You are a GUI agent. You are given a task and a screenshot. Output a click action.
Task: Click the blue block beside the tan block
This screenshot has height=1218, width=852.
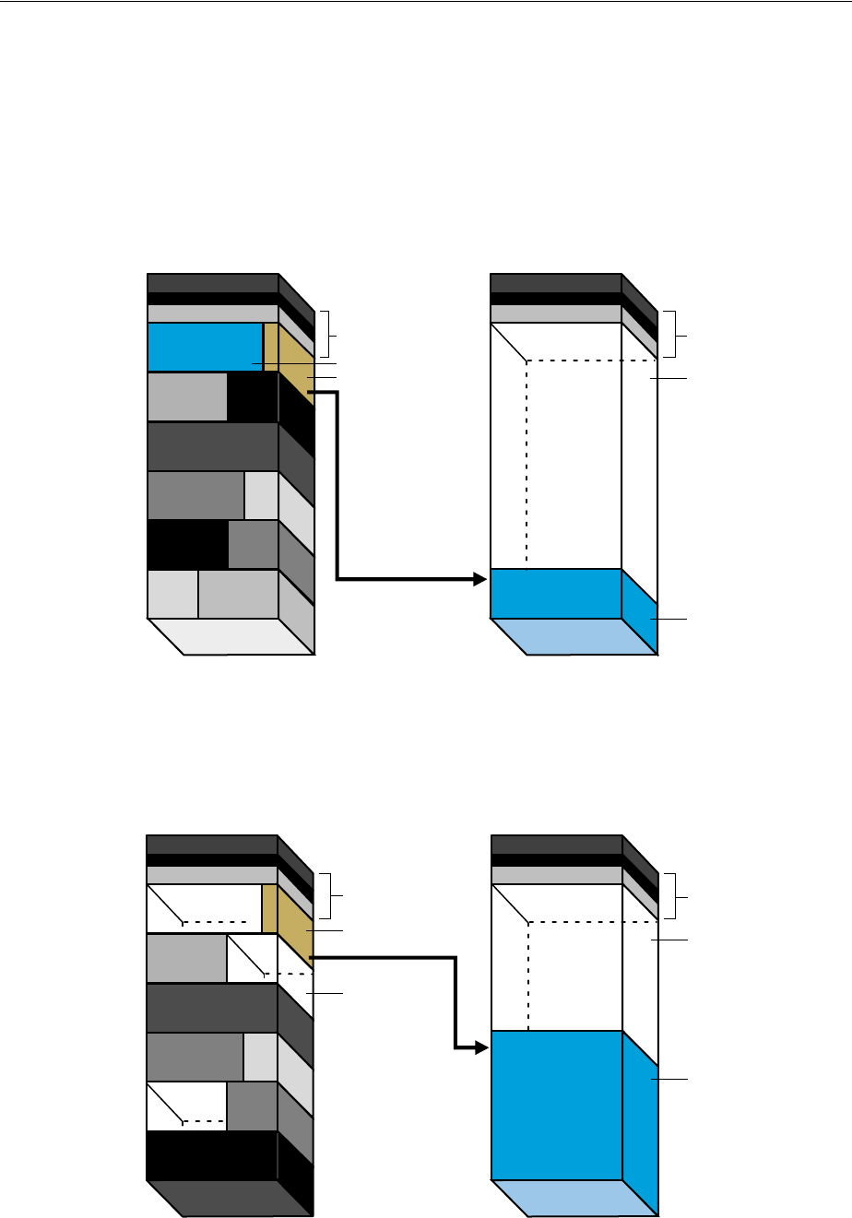tap(205, 347)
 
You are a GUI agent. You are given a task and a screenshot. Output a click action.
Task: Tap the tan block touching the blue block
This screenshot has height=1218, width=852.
tap(271, 347)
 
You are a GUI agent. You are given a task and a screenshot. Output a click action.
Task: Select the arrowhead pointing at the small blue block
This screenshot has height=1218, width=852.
tap(479, 579)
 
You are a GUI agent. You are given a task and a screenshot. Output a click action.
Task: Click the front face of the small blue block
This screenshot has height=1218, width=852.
tap(555, 593)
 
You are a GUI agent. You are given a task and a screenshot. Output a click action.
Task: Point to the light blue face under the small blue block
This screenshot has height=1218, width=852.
tap(574, 636)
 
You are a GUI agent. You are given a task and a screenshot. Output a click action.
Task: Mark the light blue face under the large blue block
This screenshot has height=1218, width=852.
tap(574, 1198)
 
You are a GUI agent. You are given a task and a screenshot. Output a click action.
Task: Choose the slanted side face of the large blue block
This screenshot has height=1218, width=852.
tap(640, 1125)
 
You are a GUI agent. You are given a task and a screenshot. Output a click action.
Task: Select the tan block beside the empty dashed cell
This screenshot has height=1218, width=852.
tap(270, 908)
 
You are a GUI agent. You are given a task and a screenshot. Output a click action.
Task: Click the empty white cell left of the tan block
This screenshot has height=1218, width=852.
tap(205, 908)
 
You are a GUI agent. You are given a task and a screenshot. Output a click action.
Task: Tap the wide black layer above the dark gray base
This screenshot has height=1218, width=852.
tap(212, 1154)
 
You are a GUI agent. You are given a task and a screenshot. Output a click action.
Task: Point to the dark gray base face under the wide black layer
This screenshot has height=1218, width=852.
tap(231, 1198)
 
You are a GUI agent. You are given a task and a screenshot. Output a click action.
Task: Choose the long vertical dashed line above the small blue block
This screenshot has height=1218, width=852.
tap(527, 461)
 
